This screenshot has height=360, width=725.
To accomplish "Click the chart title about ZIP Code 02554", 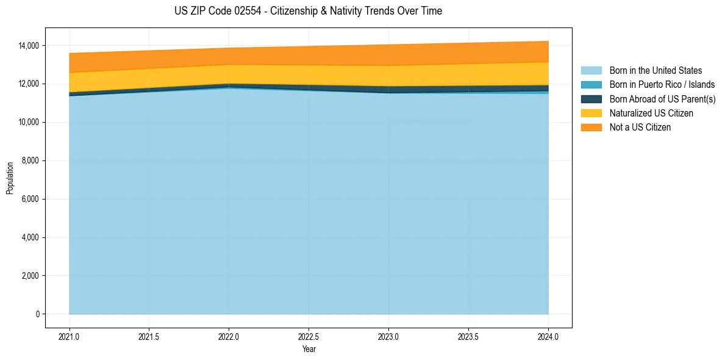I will pos(308,11).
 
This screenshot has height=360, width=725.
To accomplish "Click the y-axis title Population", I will pos(10,178).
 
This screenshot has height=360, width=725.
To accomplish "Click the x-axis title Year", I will pos(309,349).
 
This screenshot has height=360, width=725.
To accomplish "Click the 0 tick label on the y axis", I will pos(37,314).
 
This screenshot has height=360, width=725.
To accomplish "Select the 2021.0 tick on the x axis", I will pos(70,336).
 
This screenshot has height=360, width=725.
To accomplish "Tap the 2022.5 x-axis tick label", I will pos(309,336).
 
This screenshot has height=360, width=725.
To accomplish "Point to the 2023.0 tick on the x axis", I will pos(388,336).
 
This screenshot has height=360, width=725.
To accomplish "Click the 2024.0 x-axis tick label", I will pos(548,336).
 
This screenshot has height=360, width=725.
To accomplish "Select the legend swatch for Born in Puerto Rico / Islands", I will pos(591,85).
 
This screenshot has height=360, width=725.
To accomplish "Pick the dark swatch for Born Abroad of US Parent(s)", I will pos(591,99).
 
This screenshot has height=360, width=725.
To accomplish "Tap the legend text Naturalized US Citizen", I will pos(651,113).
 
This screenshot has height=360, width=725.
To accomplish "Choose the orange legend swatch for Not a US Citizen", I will pos(591,128).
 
